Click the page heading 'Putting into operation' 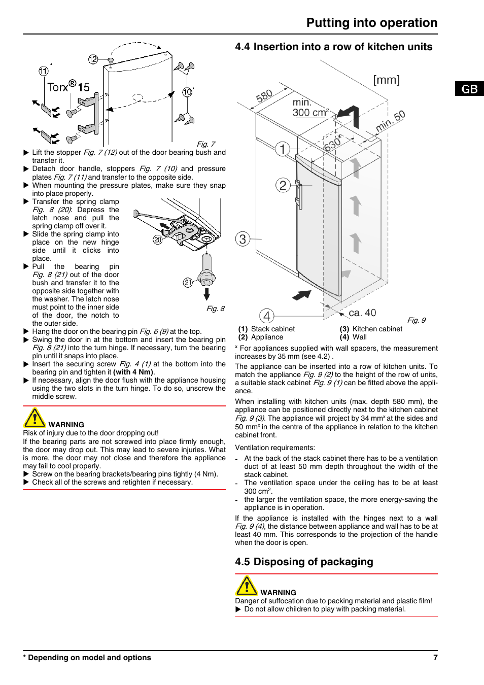(371, 23)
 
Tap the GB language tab (469, 89)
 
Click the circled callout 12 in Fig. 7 (93, 59)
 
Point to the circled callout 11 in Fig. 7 (44, 71)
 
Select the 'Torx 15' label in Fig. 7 (68, 86)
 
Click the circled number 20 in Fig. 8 (158, 239)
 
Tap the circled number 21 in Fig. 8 (188, 283)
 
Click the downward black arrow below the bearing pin (206, 294)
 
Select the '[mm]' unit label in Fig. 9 (386, 80)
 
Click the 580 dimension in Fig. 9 (264, 96)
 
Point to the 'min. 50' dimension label (390, 121)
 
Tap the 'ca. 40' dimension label (362, 313)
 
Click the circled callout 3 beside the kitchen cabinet (243, 239)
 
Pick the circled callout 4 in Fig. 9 (266, 316)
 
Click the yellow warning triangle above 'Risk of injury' (34, 418)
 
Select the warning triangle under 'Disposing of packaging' (247, 586)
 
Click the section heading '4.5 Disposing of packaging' (304, 562)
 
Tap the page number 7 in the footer (435, 657)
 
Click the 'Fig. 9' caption (417, 320)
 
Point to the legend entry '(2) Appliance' (261, 337)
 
